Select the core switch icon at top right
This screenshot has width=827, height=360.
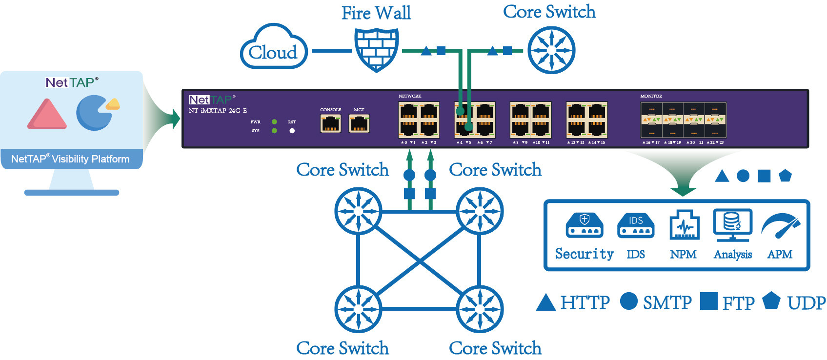[x=551, y=50]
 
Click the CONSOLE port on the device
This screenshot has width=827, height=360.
[x=330, y=124]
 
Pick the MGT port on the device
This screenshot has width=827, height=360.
[x=359, y=124]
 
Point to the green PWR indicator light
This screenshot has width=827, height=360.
[x=274, y=121]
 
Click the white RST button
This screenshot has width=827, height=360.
[x=292, y=131]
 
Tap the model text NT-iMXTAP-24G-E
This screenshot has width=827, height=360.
[x=218, y=111]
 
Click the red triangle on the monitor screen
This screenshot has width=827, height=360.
[x=47, y=114]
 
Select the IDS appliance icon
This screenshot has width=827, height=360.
[x=635, y=225]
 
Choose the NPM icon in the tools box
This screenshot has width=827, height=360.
[x=684, y=225]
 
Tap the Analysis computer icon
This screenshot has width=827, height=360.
[x=732, y=224]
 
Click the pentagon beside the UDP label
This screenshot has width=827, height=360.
[x=771, y=300]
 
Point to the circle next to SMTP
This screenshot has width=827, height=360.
[x=629, y=301]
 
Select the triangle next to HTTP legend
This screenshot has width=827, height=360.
[x=545, y=303]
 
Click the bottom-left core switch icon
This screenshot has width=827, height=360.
[x=358, y=309]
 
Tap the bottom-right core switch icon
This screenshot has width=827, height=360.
[x=480, y=309]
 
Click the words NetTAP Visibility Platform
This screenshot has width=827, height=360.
[x=70, y=159]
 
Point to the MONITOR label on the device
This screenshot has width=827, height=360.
[x=651, y=96]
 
